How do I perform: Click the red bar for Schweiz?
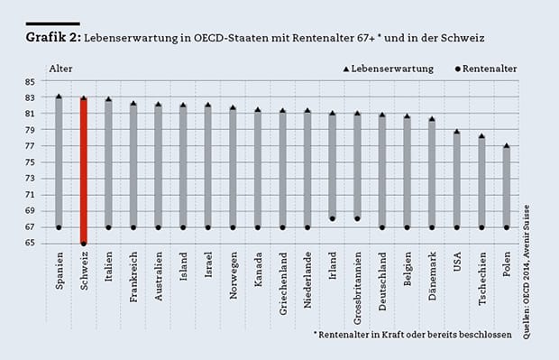[84, 171]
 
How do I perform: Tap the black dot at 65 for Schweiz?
[84, 244]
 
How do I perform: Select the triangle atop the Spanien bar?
[59, 97]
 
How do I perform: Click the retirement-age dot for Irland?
[333, 218]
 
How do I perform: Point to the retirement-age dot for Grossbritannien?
[357, 218]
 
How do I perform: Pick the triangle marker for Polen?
[507, 145]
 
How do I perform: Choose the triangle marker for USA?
[457, 132]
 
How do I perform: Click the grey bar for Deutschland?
[382, 171]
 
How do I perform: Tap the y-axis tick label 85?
[30, 82]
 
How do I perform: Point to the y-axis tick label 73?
[30, 178]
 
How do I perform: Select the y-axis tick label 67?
[30, 226]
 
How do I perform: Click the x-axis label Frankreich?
[133, 277]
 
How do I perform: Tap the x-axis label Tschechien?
[482, 279]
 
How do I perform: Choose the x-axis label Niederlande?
[307, 280]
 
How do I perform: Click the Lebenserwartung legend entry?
[389, 69]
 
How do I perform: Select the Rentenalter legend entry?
[486, 69]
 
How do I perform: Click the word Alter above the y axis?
[60, 69]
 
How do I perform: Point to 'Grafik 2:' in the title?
[53, 37]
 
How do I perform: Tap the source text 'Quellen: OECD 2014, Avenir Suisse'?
[527, 272]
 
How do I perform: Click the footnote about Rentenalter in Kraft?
[412, 335]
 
